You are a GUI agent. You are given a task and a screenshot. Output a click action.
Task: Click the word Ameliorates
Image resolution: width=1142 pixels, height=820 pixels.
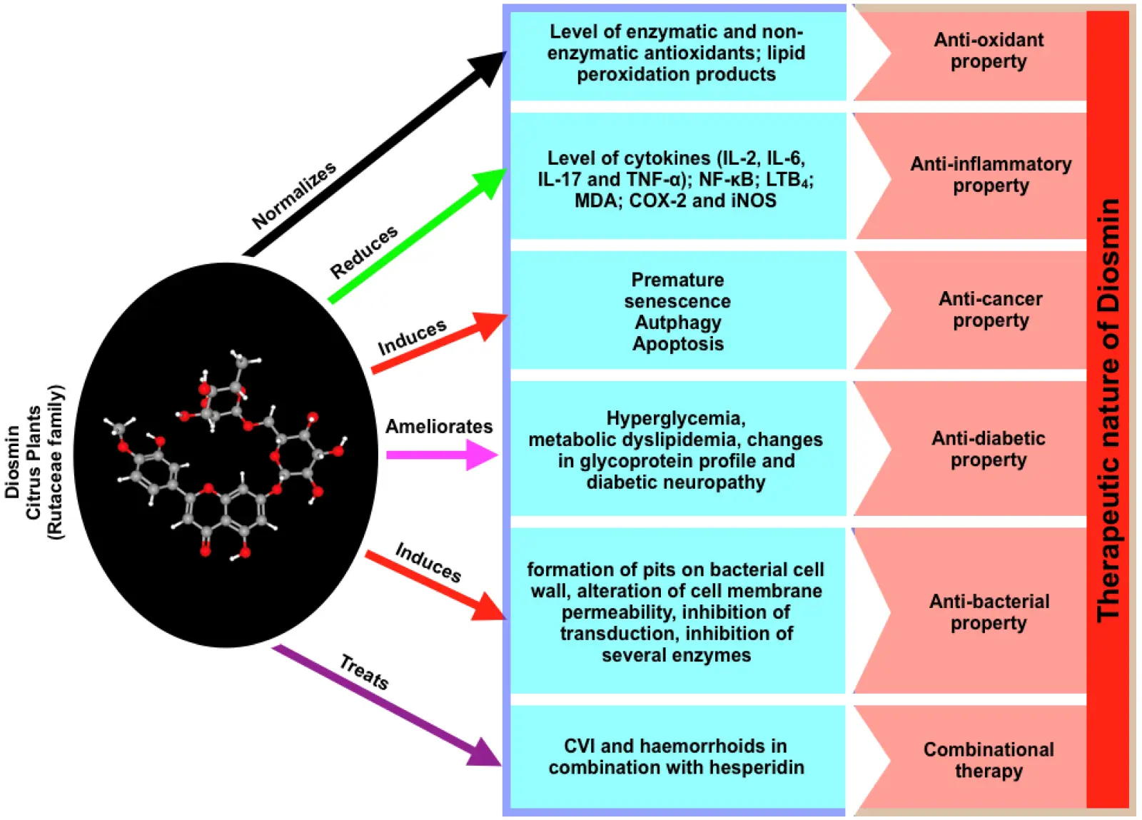tap(439, 427)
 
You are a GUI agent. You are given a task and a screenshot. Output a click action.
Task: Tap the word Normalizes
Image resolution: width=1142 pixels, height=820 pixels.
tap(294, 195)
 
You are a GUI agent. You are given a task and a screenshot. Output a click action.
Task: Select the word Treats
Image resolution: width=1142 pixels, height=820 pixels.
tap(364, 672)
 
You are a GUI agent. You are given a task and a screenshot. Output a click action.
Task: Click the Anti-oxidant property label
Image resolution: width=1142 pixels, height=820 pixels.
tap(989, 51)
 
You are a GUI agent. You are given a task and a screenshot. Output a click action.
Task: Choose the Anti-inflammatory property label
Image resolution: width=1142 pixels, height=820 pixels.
tap(991, 175)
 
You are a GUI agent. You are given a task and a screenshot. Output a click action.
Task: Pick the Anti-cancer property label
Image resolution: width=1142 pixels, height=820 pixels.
tap(991, 309)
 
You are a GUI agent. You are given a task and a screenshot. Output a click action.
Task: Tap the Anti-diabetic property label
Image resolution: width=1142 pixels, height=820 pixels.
tap(989, 449)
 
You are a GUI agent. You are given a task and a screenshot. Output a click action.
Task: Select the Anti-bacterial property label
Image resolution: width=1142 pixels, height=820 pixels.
tap(989, 612)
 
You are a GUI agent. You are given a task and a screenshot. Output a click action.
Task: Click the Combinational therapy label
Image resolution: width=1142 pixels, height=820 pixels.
tap(989, 760)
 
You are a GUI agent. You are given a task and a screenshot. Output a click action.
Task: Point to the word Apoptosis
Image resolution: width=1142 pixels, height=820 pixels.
tap(678, 344)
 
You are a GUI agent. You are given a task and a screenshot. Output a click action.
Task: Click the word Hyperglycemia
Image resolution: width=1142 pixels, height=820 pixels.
tap(675, 418)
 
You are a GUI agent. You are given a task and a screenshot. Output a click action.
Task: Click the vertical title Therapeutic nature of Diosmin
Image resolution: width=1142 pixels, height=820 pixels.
tap(1108, 410)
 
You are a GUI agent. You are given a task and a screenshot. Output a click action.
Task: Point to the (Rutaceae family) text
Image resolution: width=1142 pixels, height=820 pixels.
tap(56, 462)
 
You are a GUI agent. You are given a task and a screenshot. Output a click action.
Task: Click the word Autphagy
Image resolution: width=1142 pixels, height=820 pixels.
tap(678, 323)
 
